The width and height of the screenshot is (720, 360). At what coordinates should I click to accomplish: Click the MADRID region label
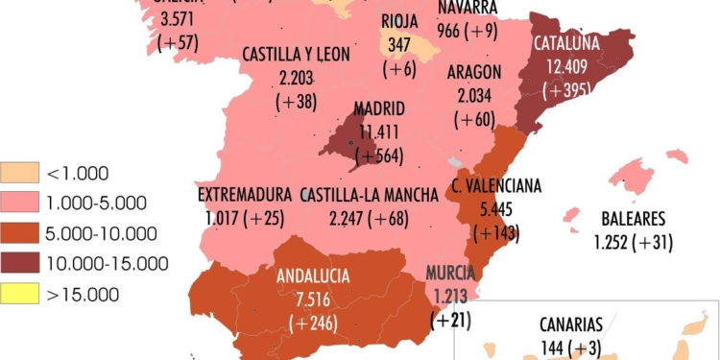(379, 108)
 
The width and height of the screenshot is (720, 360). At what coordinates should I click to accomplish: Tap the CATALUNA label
(566, 43)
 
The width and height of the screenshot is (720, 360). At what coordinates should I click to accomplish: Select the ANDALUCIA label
(314, 276)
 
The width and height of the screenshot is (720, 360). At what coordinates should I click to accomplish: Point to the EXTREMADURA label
(245, 195)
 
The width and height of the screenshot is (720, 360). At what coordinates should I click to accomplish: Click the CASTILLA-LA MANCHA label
(370, 195)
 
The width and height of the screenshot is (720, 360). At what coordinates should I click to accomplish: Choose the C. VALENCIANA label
(496, 184)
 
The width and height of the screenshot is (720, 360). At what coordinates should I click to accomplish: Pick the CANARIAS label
(570, 324)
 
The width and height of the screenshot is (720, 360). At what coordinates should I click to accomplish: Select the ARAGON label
(474, 72)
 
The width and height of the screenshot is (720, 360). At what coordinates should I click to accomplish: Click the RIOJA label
(399, 21)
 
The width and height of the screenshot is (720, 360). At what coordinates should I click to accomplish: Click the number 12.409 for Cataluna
(566, 67)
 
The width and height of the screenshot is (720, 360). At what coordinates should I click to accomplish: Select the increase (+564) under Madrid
(379, 155)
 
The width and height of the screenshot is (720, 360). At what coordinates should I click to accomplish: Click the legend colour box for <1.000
(20, 174)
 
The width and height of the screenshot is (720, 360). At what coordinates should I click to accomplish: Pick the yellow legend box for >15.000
(20, 294)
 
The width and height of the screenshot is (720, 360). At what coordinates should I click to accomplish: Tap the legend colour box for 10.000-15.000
(20, 263)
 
